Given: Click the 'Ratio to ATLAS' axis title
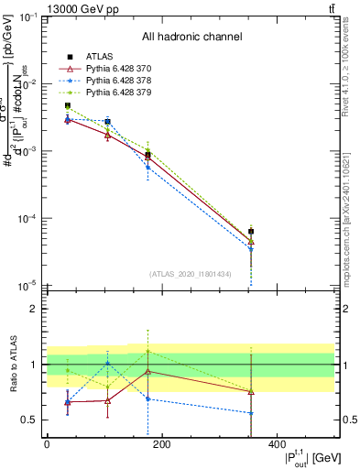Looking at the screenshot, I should click(12, 365).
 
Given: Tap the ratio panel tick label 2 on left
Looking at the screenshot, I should click(34, 309).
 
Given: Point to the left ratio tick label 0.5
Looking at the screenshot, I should click(30, 420).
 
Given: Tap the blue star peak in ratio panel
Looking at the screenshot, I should click(108, 363).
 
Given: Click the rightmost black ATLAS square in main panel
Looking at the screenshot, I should click(251, 232).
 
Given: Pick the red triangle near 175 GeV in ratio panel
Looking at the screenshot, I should click(147, 371).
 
